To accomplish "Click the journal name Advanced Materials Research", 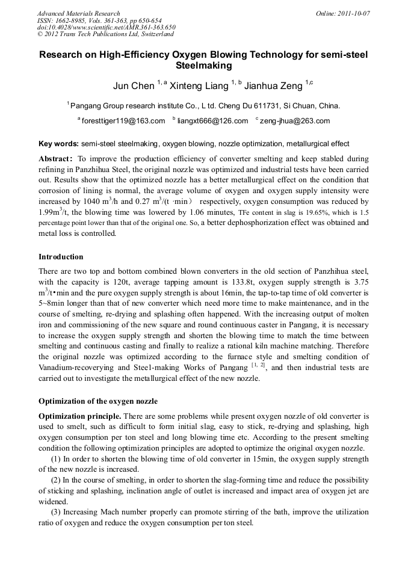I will point(78,13).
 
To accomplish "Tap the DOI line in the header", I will point(106,28).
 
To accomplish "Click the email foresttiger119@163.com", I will point(123,121).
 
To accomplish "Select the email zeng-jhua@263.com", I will point(295,121).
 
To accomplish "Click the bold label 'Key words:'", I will point(58,144).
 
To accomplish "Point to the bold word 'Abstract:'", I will point(55,159).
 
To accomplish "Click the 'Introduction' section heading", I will point(61,257).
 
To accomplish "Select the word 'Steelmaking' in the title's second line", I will point(203,66).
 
